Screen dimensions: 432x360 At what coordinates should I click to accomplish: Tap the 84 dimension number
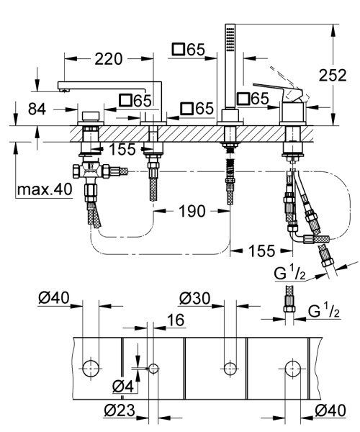[x=40, y=109]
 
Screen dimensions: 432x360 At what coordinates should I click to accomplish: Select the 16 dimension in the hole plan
[x=157, y=319]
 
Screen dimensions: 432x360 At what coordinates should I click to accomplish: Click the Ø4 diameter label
[x=123, y=387]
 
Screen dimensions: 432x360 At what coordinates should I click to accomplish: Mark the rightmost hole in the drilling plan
[x=292, y=368]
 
